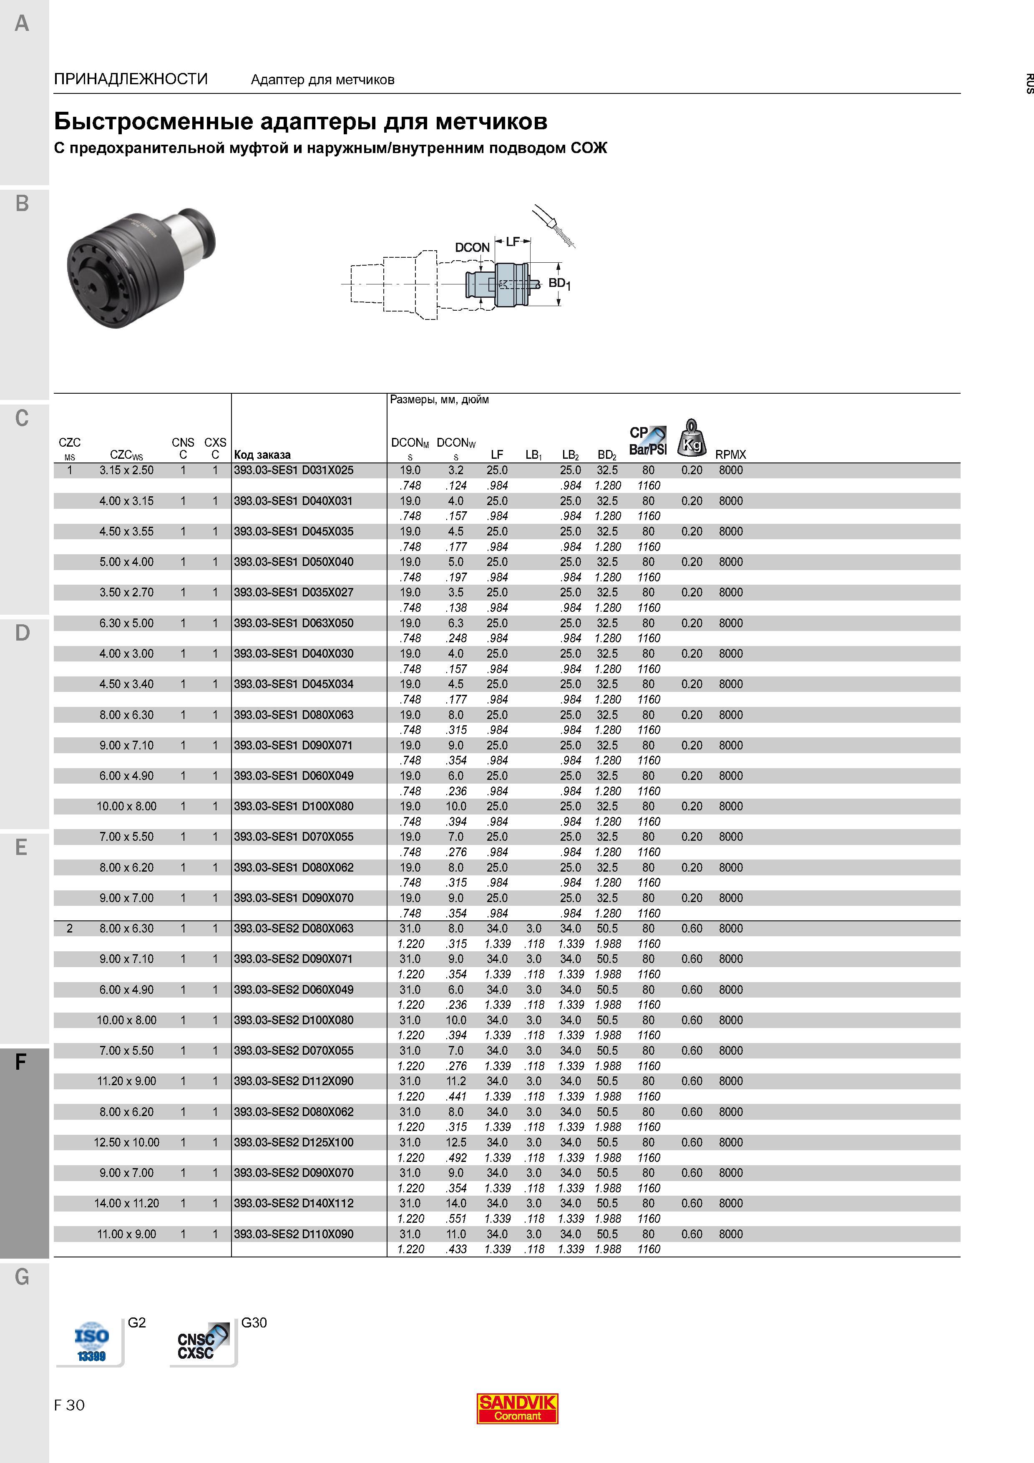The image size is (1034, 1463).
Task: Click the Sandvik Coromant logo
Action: click(517, 1408)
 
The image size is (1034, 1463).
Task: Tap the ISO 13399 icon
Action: click(91, 1342)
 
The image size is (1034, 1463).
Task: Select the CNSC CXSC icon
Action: click(203, 1342)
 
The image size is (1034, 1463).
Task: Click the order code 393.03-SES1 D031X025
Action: click(294, 470)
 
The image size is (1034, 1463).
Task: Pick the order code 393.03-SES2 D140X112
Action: click(294, 1203)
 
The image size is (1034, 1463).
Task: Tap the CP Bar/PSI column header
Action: click(648, 441)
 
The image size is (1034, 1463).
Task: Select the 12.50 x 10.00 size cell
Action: click(127, 1142)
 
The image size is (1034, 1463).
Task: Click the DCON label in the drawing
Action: click(472, 247)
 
